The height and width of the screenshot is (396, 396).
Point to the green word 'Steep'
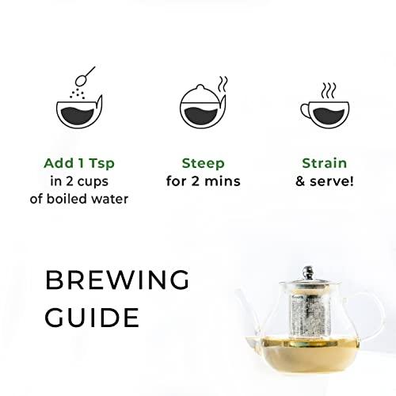[203, 164]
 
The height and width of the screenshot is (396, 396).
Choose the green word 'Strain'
[325, 164]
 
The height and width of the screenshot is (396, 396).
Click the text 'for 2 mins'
[203, 182]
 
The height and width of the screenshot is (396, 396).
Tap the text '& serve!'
[325, 182]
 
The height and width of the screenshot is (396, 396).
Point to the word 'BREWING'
[117, 280]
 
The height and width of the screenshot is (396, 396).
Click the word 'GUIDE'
[93, 318]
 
